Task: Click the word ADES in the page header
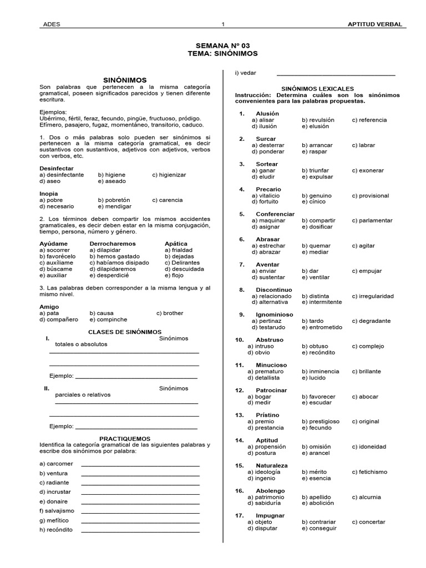(51, 24)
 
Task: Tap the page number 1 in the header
(223, 24)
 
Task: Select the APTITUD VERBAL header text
(374, 24)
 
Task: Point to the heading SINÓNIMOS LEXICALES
(317, 89)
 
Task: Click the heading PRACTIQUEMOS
(125, 438)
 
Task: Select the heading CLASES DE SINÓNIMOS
(125, 332)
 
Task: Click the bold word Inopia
(49, 194)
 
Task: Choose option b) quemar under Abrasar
(316, 246)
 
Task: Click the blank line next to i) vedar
(336, 74)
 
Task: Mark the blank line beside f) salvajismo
(140, 510)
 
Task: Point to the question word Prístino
(267, 415)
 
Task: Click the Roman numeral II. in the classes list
(47, 388)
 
